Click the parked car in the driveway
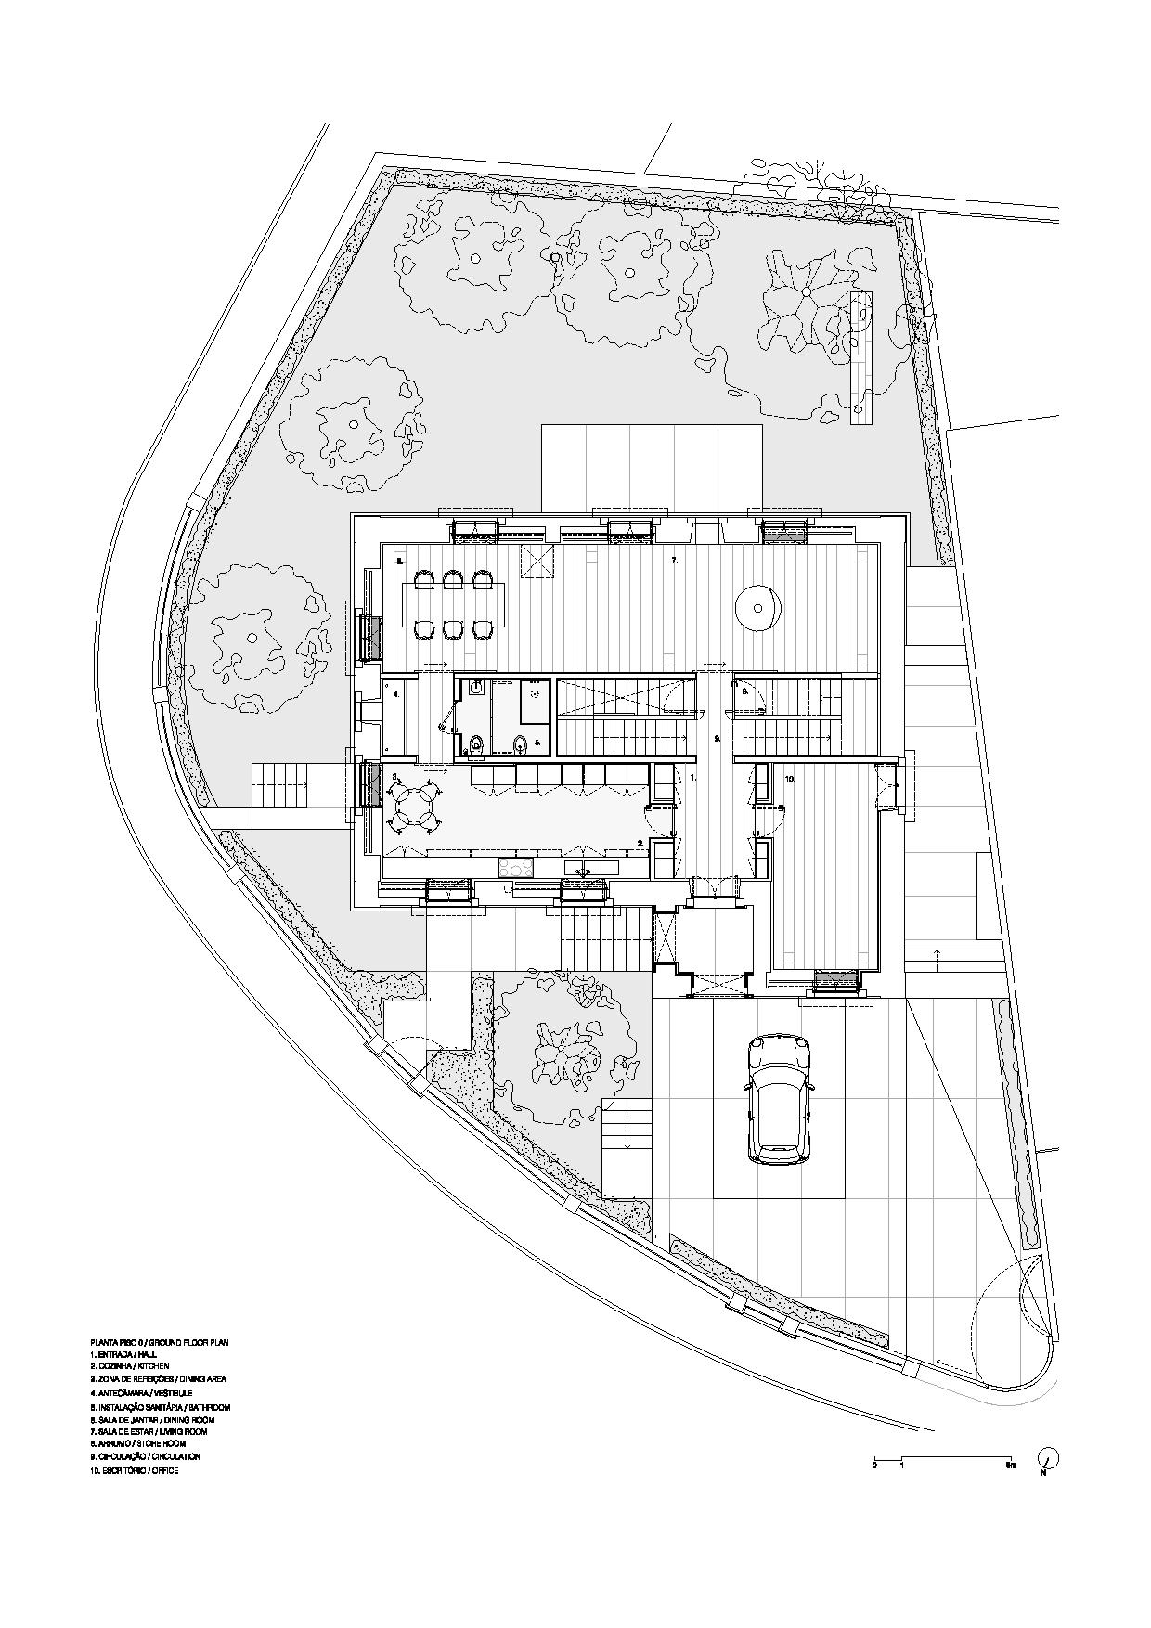[779, 1098]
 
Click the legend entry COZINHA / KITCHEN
[130, 1366]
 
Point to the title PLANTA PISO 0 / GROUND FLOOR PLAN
[159, 1342]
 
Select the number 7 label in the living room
[675, 562]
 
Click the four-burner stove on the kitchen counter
[516, 867]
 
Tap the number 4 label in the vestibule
[396, 693]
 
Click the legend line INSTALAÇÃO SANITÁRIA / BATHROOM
[160, 1407]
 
